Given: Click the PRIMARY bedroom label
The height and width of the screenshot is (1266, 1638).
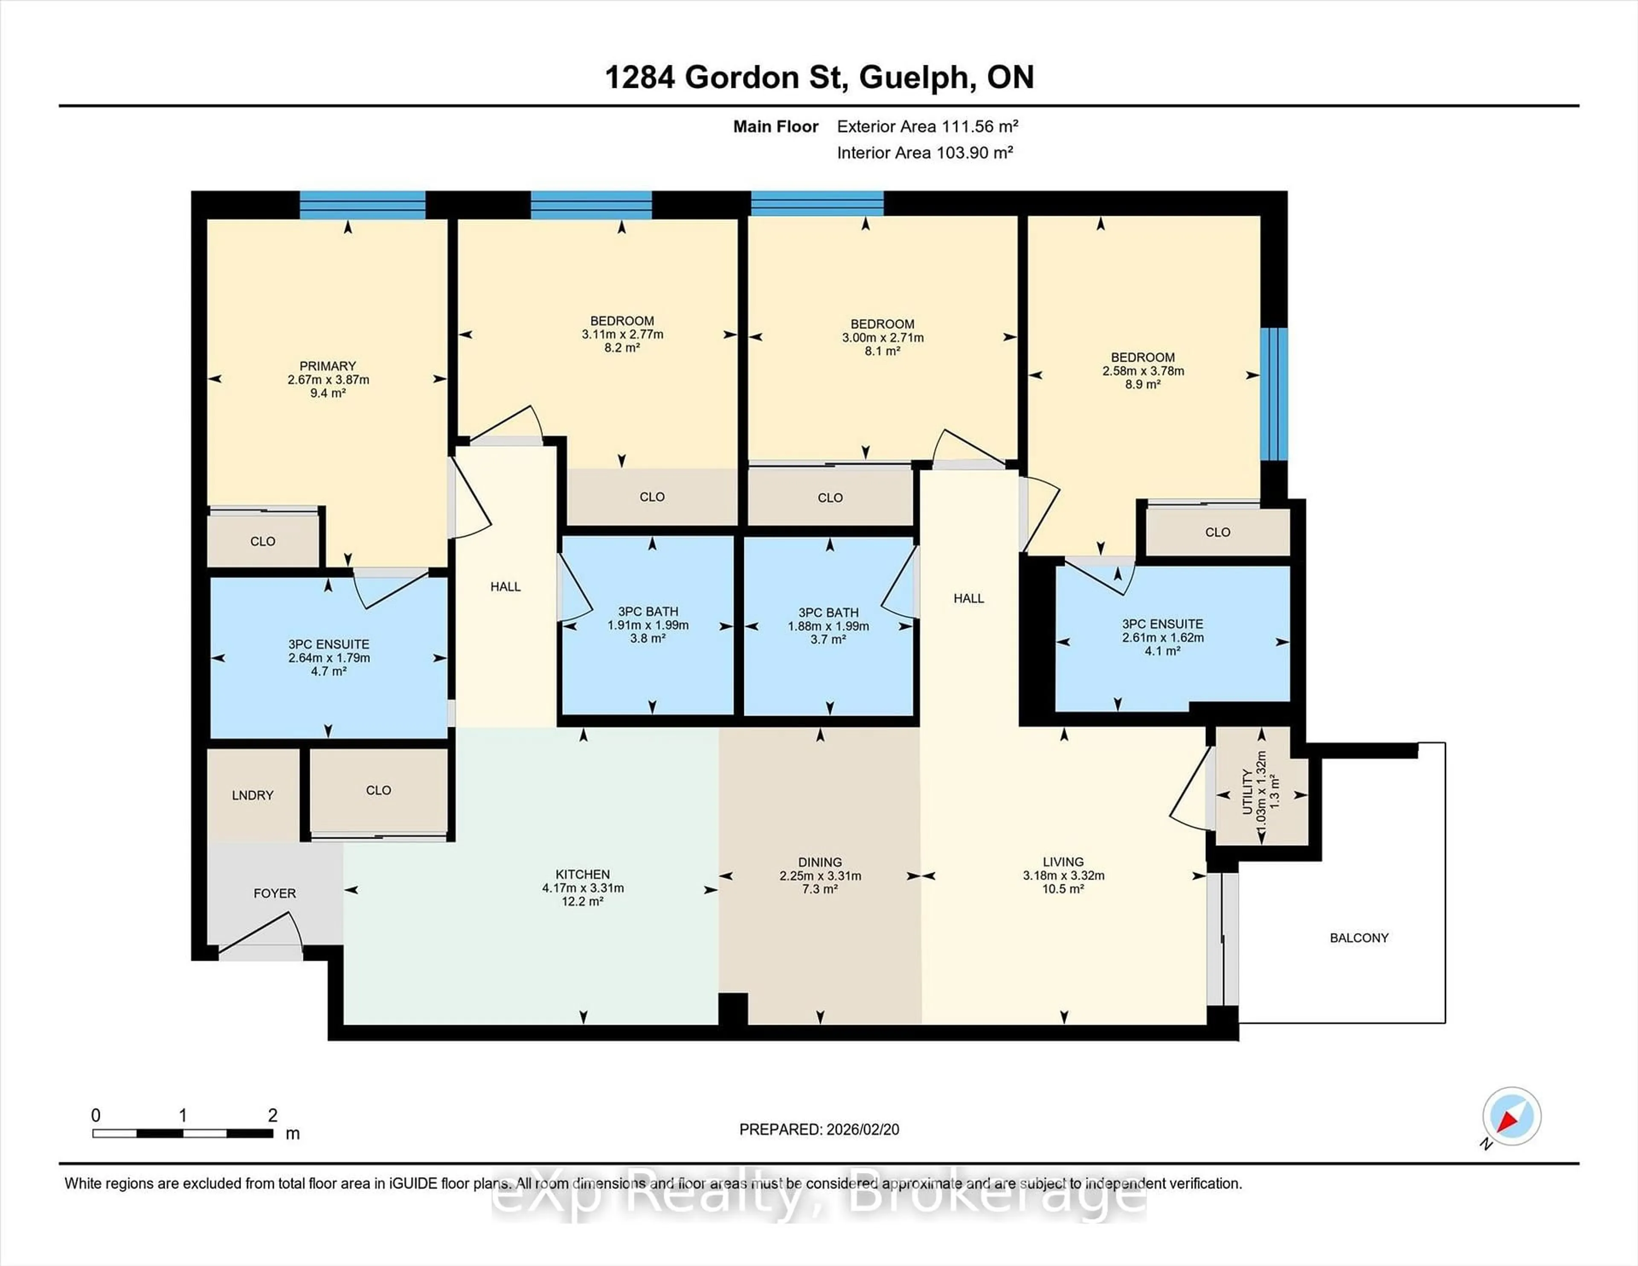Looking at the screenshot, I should point(328,366).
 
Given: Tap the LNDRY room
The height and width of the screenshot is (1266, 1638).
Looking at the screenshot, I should point(253,795).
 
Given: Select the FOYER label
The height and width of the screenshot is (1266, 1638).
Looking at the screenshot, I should point(275,893).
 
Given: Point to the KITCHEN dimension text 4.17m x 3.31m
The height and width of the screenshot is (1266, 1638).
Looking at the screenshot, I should point(583,888).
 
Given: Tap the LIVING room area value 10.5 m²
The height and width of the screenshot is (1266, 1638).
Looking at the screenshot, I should point(1063,889).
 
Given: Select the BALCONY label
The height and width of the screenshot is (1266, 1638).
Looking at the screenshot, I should point(1359,938).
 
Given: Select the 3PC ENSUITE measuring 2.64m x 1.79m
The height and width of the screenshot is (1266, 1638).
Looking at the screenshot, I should point(328,658).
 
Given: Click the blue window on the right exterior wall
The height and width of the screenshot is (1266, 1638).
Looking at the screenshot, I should point(1273,394).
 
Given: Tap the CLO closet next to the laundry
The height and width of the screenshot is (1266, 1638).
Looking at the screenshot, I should point(379,790).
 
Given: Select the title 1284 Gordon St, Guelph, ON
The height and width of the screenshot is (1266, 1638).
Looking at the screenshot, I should point(819,77).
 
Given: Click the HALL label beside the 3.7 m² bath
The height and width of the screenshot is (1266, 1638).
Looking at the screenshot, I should point(968,598).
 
